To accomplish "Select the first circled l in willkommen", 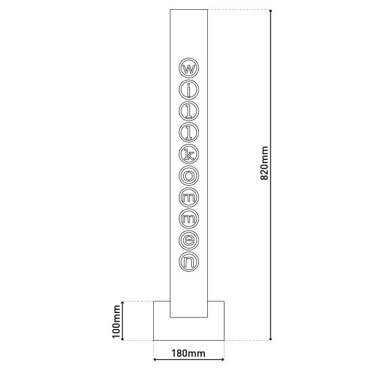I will pos(189,110).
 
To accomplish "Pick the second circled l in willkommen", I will pos(189,131).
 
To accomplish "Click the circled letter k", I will pos(189,153).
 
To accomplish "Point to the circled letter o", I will pos(189,175).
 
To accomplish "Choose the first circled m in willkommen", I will pos(189,196).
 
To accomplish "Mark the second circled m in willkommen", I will pos(189,218).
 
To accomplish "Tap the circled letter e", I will pos(189,239).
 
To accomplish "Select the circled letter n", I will pos(189,261).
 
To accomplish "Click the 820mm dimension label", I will pos(264,163).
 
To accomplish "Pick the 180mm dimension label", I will pos(188,354).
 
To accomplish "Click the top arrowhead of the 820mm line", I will pos(271,12).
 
